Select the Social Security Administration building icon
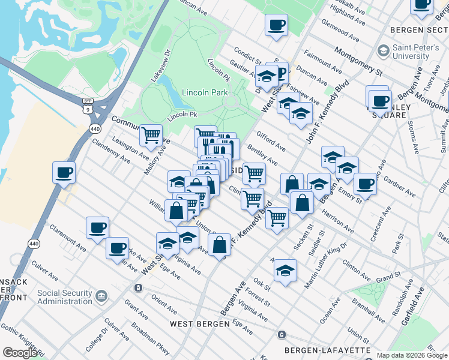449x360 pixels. click(101, 295)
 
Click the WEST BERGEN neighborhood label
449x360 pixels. click(199, 324)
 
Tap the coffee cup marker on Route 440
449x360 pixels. click(64, 173)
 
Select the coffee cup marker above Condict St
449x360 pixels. click(276, 26)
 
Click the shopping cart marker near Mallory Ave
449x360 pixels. click(151, 134)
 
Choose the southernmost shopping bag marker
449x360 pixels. click(220, 245)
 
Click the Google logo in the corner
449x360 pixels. click(20, 353)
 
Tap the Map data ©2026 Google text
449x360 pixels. click(412, 355)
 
